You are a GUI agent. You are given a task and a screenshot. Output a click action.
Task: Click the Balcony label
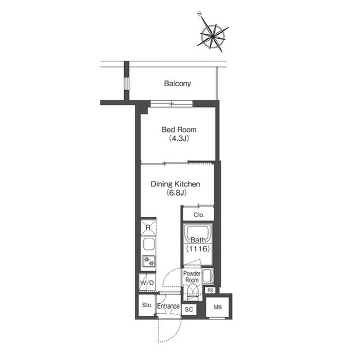coord(177,83)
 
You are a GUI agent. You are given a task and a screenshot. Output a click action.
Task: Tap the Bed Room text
coord(179,130)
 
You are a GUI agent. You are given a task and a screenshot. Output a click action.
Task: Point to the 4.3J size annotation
coord(179,139)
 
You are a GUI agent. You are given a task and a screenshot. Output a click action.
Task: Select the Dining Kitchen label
coord(175,184)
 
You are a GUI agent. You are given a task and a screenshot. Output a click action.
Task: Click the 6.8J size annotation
coord(177,193)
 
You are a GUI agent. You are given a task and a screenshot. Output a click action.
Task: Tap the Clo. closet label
coord(199,215)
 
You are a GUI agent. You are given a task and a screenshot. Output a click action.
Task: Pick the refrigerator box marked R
coord(148,228)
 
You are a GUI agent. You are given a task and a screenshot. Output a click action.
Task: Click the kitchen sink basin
coord(148,245)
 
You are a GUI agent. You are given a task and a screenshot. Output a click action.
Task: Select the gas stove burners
coord(148,261)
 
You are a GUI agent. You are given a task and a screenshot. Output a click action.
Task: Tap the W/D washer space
coord(147,282)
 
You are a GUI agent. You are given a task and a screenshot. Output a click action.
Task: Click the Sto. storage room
coord(147,305)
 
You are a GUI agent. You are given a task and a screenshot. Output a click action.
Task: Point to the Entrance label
coord(168,306)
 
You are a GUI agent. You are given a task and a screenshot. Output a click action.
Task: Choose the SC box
coord(189,309)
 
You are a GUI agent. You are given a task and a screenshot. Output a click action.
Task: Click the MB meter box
coord(217,308)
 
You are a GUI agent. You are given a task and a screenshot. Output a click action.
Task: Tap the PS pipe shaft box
coord(210,290)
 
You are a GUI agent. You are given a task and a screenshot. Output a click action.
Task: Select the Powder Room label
coord(192,277)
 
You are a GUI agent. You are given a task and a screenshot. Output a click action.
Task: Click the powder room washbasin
coord(208,275)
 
